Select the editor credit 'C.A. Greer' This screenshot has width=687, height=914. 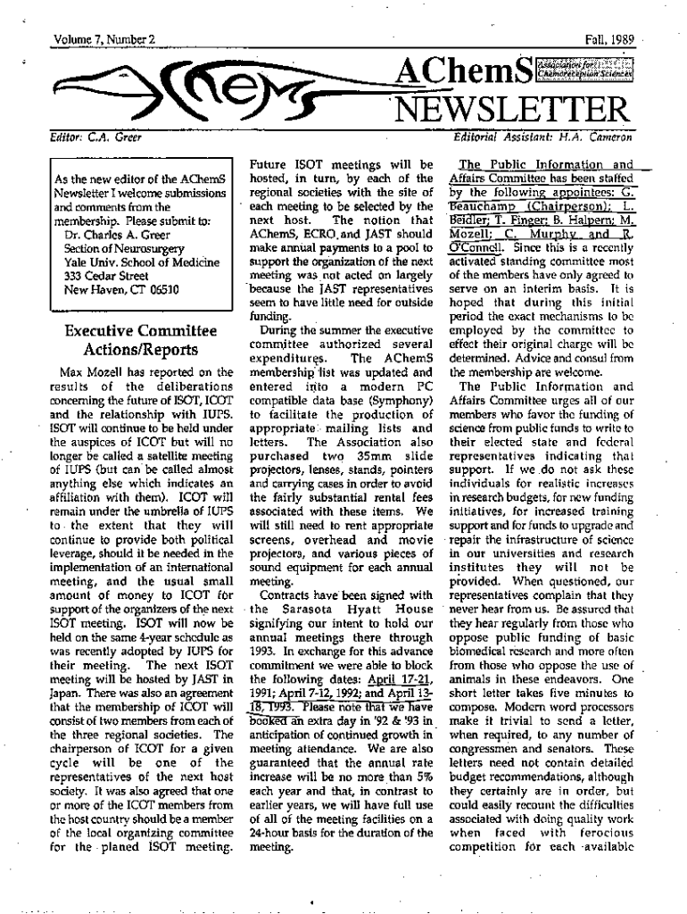114,138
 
